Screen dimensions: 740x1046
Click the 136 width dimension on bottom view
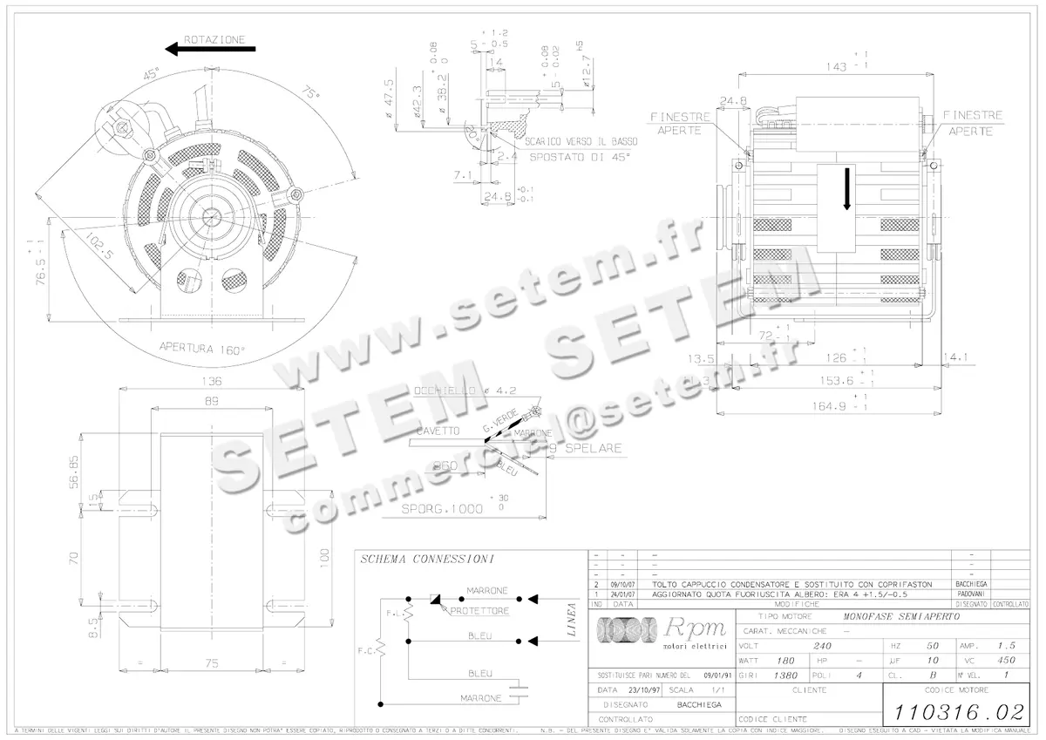click(212, 381)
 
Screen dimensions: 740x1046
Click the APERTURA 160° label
click(202, 347)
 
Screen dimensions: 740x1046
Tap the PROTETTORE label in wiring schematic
click(474, 611)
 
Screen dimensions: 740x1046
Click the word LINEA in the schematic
click(573, 619)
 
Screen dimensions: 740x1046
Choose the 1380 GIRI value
click(786, 676)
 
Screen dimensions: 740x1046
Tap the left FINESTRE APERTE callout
click(680, 123)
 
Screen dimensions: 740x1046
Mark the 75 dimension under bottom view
click(212, 663)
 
